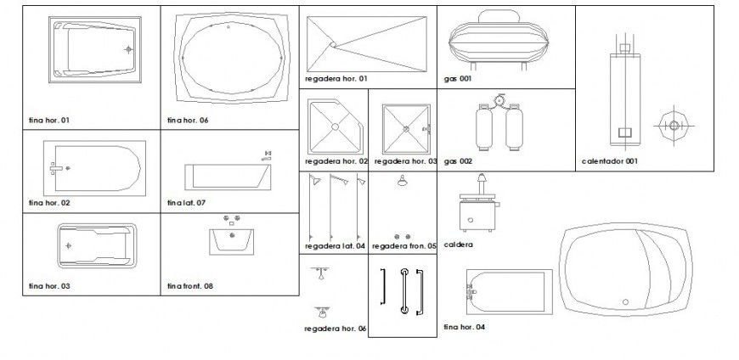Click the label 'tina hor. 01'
(48, 121)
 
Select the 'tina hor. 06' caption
(188, 121)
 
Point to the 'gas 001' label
(457, 79)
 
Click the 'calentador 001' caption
(609, 160)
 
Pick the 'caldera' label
(458, 244)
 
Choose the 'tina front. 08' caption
(190, 286)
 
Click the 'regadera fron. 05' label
(403, 246)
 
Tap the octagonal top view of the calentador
(673, 126)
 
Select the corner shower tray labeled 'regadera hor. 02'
(335, 127)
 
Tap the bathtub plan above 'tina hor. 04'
(507, 292)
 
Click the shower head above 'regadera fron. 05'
(402, 180)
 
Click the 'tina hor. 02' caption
(48, 203)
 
